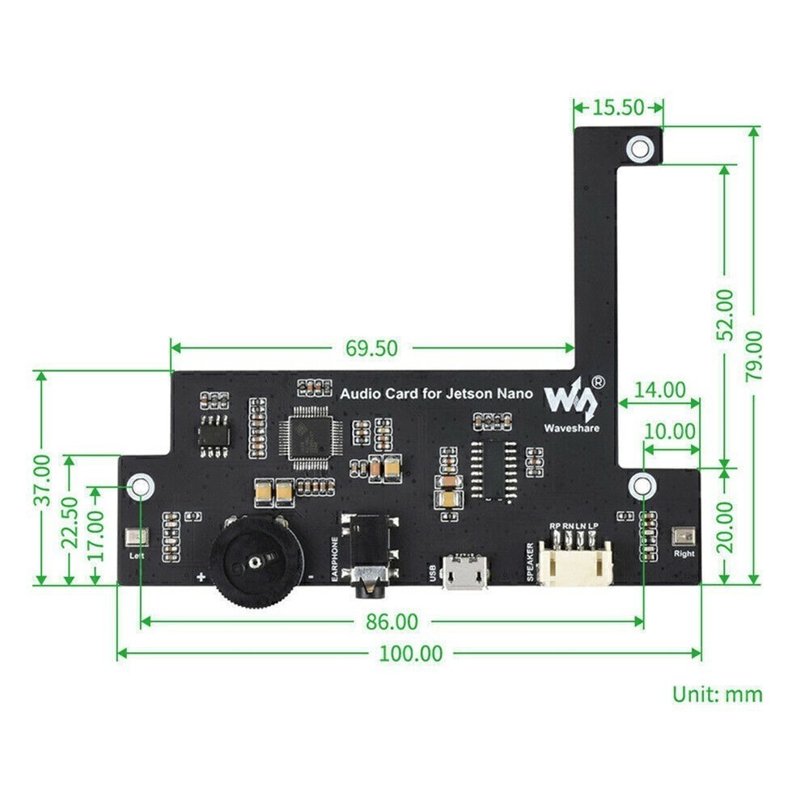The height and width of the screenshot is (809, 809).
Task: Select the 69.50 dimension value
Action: click(x=372, y=348)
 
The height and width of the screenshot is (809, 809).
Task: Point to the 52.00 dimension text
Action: click(x=726, y=314)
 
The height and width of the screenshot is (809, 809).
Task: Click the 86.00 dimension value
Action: click(x=392, y=621)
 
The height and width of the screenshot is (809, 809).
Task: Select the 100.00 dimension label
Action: click(x=410, y=653)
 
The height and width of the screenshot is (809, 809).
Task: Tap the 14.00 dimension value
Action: click(x=659, y=390)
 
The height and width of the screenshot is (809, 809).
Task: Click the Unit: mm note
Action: click(x=717, y=693)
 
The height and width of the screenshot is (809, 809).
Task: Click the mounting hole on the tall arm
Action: click(x=640, y=147)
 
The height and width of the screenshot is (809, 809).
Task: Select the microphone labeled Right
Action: click(x=683, y=536)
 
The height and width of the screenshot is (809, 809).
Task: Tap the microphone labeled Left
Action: click(x=135, y=537)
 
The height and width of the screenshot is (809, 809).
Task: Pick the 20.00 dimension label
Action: click(x=726, y=526)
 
